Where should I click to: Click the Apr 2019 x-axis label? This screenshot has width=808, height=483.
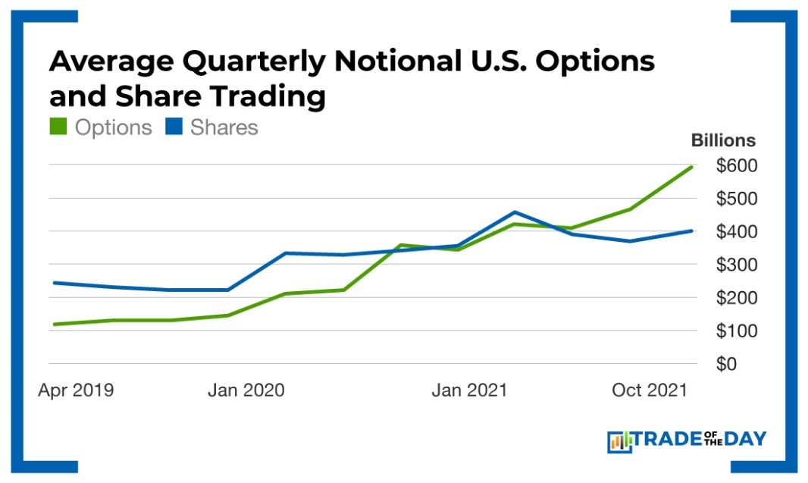76,390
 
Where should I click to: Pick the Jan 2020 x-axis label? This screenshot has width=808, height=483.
246,390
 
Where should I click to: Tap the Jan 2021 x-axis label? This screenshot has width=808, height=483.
469,390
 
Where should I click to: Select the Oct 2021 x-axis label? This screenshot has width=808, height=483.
649,390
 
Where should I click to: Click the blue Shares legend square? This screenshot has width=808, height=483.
174,127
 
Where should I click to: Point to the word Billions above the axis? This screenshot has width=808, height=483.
723,140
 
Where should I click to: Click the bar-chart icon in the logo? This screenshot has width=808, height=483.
619,441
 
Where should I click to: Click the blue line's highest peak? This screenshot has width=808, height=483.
515,212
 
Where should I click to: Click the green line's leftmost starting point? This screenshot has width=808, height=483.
54,325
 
